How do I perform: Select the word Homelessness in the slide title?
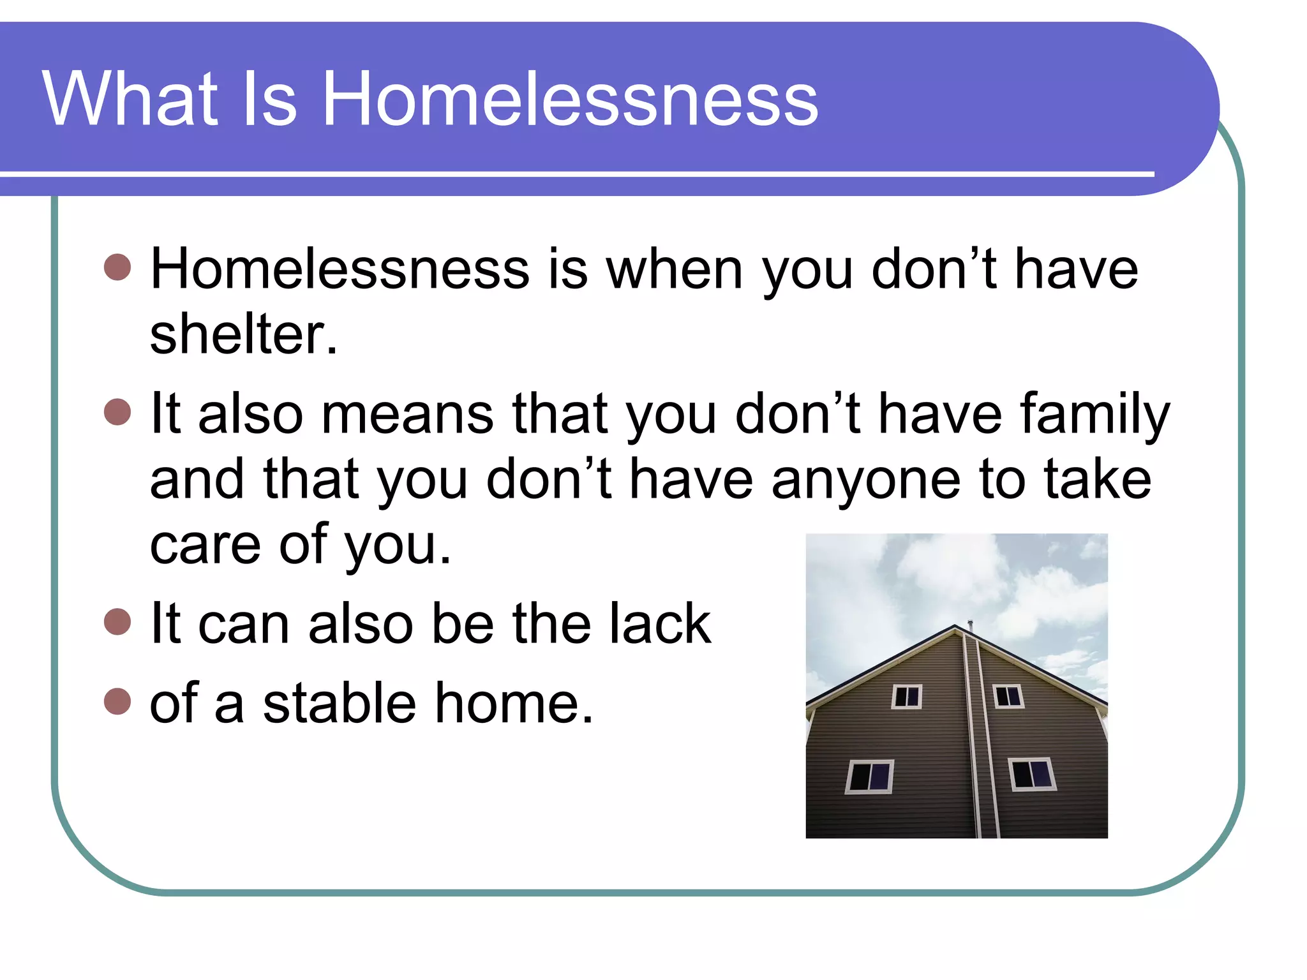point(570,99)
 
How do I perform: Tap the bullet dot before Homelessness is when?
point(117,267)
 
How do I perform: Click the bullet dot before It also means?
point(117,412)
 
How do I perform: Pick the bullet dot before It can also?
point(117,621)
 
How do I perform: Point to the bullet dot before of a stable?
point(117,701)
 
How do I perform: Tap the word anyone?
point(865,480)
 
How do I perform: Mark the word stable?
point(340,703)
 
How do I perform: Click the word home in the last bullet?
point(514,703)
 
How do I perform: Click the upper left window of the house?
point(907,696)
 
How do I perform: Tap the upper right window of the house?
point(1008,696)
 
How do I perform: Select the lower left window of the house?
point(869,776)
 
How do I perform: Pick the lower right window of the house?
point(1032,774)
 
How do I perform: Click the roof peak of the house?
point(955,628)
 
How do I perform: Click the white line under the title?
point(574,174)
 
